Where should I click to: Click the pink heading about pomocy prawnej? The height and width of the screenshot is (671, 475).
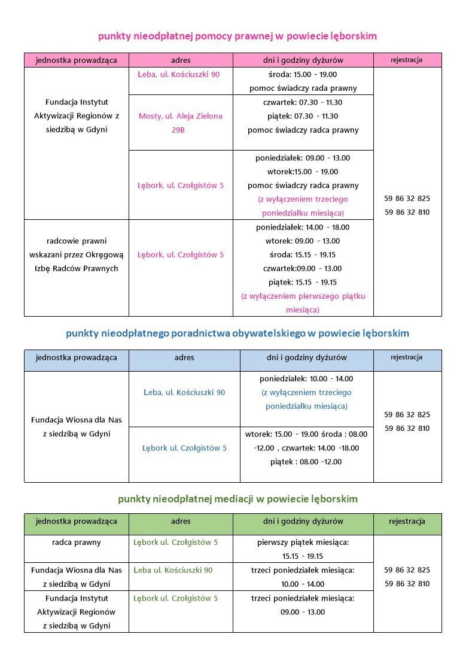[x=237, y=36]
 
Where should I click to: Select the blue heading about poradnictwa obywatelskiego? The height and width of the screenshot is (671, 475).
[x=237, y=333]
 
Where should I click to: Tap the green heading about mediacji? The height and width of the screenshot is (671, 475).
[x=237, y=498]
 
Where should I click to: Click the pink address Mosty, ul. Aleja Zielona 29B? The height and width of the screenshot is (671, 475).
[x=180, y=122]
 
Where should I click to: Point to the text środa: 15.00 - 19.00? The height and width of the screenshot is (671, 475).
[x=303, y=75]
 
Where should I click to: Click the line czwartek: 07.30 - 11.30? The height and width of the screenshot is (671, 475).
[x=303, y=103]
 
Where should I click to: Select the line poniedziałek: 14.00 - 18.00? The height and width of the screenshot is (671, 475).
[x=303, y=228]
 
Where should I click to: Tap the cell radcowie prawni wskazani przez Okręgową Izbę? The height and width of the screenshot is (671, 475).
[x=76, y=255]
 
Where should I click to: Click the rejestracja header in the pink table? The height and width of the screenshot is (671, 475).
[x=407, y=60]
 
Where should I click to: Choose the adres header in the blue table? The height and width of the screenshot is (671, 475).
[x=184, y=358]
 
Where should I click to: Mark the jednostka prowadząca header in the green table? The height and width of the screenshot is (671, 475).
[x=76, y=522]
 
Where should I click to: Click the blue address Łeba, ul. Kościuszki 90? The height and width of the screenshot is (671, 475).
[x=184, y=393]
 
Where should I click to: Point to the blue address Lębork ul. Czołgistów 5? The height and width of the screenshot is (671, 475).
[x=184, y=448]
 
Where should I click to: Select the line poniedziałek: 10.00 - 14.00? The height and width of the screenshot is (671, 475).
[x=306, y=379]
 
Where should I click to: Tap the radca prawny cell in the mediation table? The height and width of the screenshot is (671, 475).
[x=76, y=543]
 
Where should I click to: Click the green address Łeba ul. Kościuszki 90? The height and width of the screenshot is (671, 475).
[x=173, y=570]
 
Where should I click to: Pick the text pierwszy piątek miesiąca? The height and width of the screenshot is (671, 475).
[x=303, y=543]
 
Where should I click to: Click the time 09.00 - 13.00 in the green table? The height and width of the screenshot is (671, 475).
[x=303, y=612]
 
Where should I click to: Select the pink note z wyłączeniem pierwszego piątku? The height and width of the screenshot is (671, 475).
[x=303, y=296]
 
